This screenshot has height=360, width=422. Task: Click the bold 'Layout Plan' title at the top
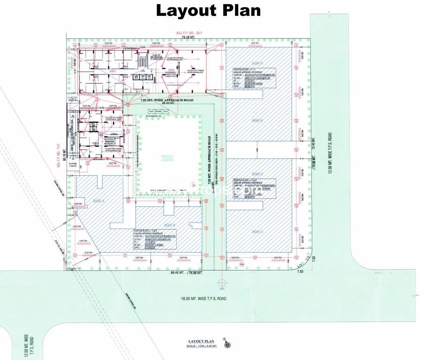click(x=208, y=10)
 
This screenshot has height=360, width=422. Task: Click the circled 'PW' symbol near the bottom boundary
click(x=242, y=265)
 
